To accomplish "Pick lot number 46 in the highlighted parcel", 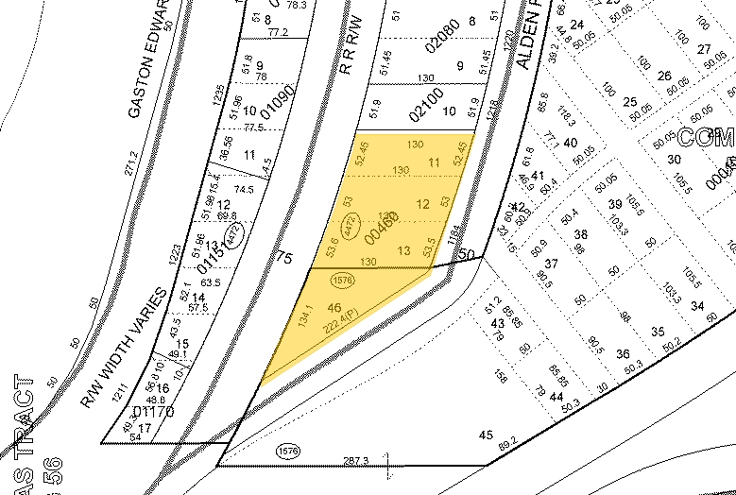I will [x=333, y=308].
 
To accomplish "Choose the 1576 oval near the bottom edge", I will [x=288, y=452].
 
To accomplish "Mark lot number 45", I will [x=487, y=435].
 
